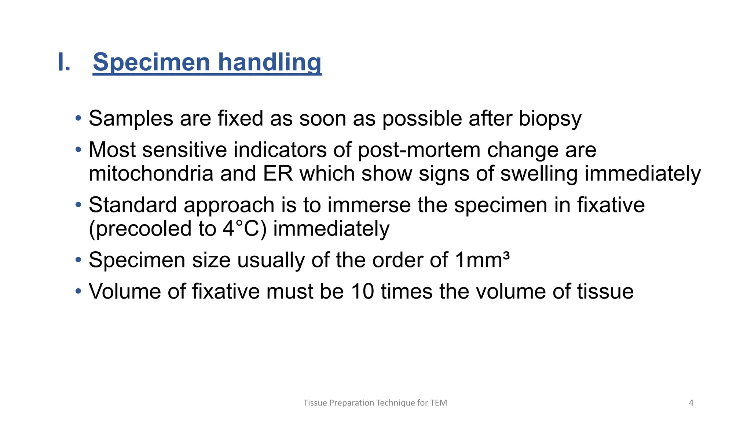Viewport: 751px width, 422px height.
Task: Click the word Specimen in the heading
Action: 151,62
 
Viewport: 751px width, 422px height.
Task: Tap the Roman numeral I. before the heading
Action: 64,62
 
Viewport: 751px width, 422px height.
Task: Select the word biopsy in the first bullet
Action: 550,119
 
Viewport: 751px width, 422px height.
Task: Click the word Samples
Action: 131,119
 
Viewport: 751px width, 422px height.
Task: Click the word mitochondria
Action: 151,174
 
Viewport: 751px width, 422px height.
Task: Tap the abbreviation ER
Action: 278,174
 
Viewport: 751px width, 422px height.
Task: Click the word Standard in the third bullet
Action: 132,205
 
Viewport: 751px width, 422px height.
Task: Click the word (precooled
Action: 140,229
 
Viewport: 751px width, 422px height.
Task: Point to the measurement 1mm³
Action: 482,260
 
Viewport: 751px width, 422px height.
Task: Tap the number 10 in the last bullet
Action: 362,292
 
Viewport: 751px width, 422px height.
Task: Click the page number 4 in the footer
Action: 691,403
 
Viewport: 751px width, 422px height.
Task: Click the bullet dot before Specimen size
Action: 78,260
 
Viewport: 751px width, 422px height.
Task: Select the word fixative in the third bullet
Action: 611,205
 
